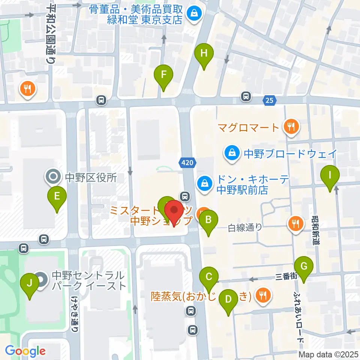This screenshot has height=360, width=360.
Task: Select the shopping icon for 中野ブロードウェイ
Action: [232, 153]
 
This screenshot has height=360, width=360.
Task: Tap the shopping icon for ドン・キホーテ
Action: [205, 183]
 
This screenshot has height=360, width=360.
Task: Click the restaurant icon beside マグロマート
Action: [291, 127]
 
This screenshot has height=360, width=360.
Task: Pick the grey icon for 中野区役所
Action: [52, 177]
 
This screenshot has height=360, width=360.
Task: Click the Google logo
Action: [25, 351]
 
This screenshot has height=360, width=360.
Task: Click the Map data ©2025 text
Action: [328, 354]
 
